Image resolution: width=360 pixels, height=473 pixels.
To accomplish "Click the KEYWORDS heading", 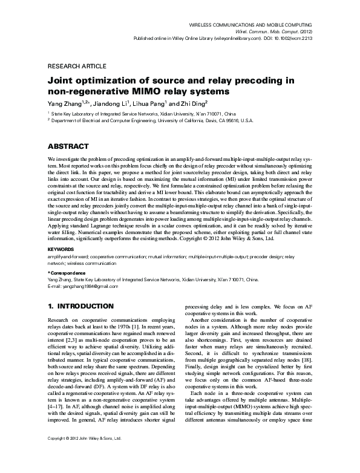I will coord(61,249).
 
